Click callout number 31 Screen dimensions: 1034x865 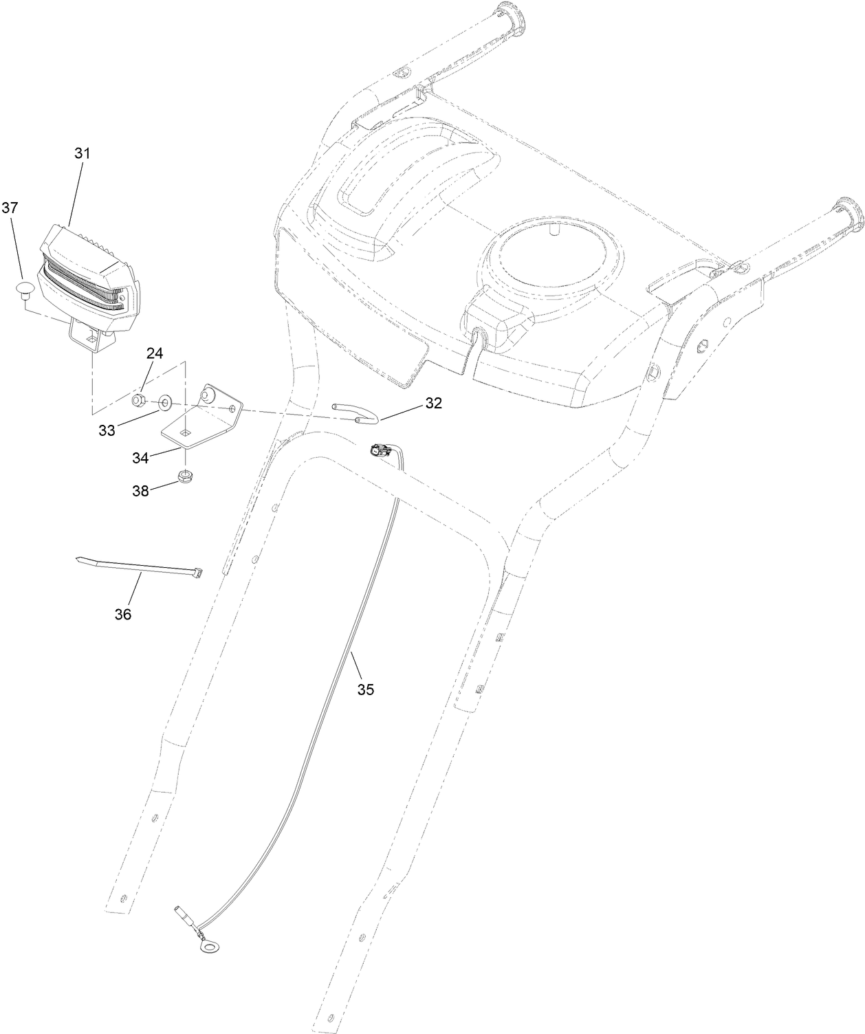(x=83, y=154)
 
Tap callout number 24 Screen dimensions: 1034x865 (x=154, y=353)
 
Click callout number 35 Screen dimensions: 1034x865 (x=365, y=689)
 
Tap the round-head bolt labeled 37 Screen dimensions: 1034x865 (x=25, y=288)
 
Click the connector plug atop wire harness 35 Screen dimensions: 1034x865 (x=380, y=452)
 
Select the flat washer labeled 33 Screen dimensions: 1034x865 (x=166, y=401)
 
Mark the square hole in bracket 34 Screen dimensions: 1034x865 (x=184, y=432)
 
